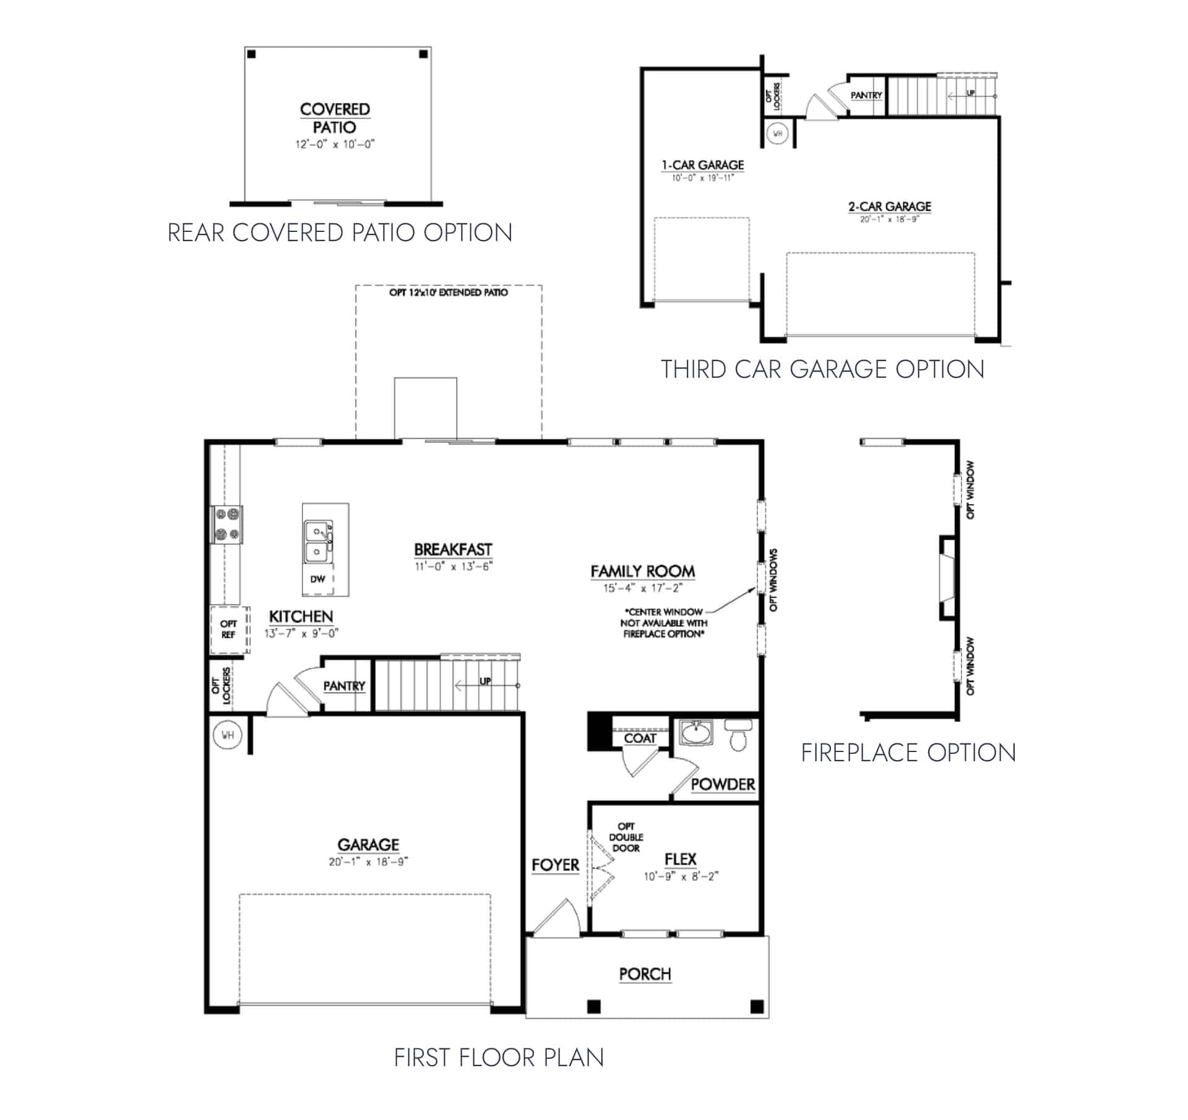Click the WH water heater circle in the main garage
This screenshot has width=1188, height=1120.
[227, 735]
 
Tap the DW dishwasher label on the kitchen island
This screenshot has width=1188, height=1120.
[317, 579]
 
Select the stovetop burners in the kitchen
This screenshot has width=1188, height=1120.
[226, 524]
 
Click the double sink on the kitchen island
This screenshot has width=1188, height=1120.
[319, 541]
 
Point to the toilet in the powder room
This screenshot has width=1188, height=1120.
[738, 734]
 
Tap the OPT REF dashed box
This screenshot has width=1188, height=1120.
[229, 629]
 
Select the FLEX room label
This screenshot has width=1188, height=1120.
[680, 859]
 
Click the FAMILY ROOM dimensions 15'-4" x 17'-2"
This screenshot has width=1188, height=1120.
[642, 588]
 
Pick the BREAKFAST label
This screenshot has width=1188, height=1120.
[453, 549]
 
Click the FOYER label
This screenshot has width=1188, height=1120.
[555, 865]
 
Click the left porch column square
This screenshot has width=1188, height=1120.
[593, 1006]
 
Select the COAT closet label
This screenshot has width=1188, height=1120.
[639, 738]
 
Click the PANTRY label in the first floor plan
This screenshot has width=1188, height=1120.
[344, 686]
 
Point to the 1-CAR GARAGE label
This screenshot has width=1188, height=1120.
[702, 165]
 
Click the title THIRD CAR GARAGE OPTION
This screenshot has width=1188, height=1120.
[822, 369]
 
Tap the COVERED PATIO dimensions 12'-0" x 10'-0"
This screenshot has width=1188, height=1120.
[334, 145]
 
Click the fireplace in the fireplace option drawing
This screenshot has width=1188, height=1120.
[947, 578]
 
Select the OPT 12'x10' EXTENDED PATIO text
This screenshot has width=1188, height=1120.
[448, 293]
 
